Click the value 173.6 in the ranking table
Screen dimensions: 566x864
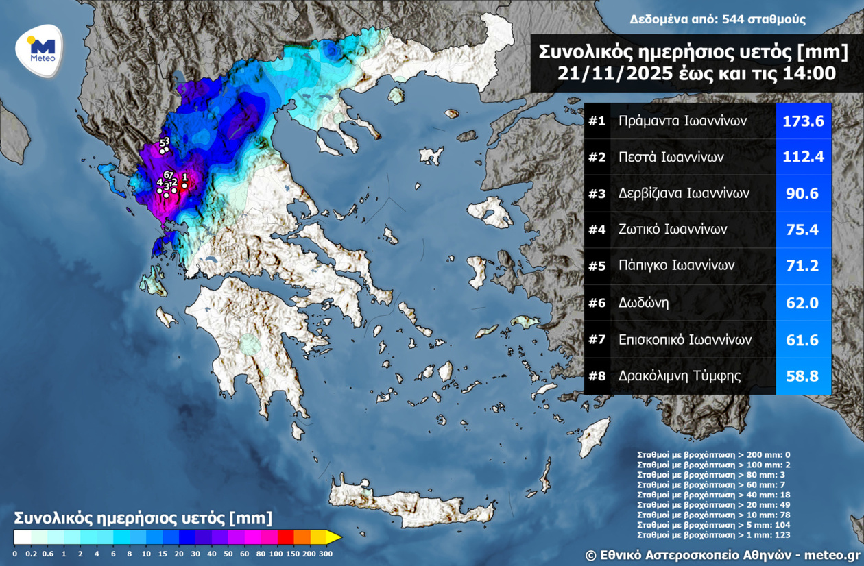point(803,121)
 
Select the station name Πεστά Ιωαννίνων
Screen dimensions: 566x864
point(671,158)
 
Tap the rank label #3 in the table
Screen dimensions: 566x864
point(597,194)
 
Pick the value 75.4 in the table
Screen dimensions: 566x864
point(803,230)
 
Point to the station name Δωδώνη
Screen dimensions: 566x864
point(643,302)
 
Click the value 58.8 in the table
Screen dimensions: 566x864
point(803,376)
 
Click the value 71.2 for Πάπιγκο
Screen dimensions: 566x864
point(803,266)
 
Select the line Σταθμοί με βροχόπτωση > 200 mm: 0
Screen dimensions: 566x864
point(713,454)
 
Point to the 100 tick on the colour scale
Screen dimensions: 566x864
point(277,553)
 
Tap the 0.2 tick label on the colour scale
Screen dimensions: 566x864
point(30,553)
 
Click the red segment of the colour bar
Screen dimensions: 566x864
point(285,537)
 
